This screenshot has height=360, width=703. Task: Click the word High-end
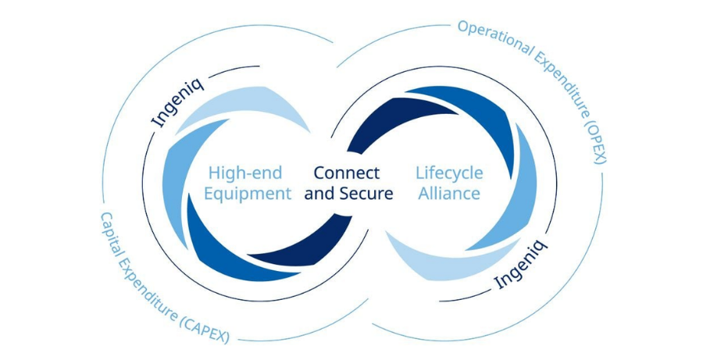[245, 173]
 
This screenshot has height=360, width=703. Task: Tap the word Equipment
[248, 194]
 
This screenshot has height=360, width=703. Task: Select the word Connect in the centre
[347, 173]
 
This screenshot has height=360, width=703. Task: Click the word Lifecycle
[449, 173]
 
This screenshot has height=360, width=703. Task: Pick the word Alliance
[449, 194]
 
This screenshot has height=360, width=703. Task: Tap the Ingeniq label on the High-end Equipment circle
[178, 102]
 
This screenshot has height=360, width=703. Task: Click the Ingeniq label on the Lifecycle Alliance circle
[520, 265]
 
